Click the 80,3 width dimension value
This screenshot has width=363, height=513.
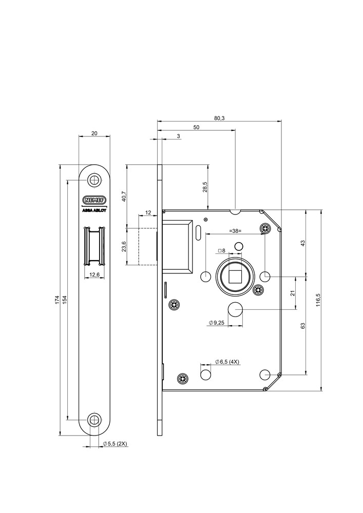(219, 118)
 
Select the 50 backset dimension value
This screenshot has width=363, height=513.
(196, 127)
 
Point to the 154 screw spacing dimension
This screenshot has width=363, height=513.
(65, 300)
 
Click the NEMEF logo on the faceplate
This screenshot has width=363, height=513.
(94, 200)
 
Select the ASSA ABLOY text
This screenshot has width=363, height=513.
(94, 209)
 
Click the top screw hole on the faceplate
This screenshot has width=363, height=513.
(94, 180)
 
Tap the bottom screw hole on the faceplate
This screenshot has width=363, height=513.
(94, 419)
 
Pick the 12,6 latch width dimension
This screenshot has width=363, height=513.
(94, 274)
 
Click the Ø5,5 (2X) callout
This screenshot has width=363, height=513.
(115, 443)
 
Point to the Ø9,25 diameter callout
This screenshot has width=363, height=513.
(217, 323)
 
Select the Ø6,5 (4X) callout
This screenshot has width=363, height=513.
(227, 362)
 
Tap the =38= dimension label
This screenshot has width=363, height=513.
(236, 231)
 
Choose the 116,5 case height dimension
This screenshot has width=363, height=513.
(318, 300)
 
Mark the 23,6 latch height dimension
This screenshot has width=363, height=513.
(123, 247)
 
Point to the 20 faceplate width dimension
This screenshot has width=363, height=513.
(94, 133)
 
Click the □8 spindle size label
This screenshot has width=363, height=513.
(222, 250)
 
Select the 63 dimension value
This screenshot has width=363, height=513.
(303, 326)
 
